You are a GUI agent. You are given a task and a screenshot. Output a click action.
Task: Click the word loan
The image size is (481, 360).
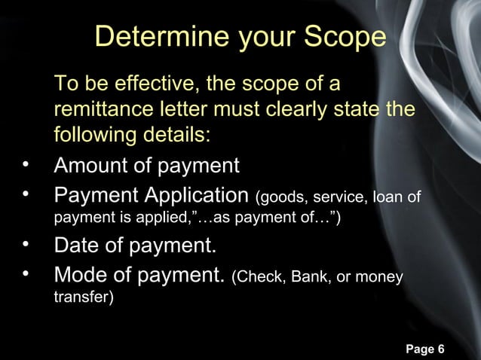384,198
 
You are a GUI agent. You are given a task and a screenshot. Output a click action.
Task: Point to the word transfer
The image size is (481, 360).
81,298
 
